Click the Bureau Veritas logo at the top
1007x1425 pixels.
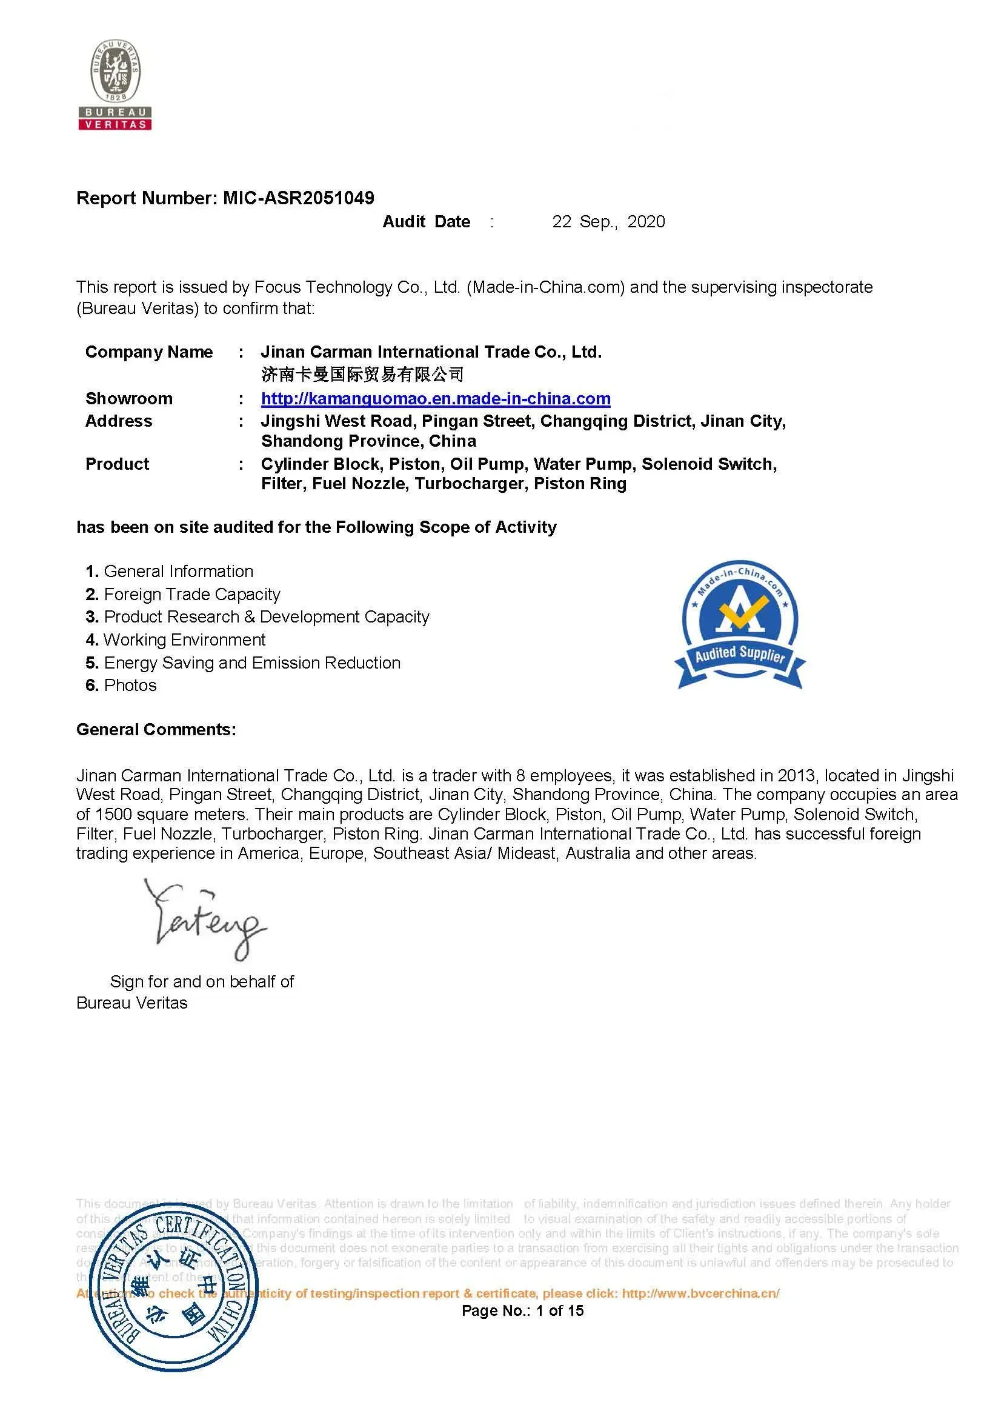point(115,84)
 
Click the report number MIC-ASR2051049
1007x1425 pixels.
point(299,198)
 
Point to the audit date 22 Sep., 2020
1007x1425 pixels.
point(608,222)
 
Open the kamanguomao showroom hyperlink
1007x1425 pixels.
point(436,398)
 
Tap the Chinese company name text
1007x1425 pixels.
point(362,374)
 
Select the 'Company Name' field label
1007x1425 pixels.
point(149,352)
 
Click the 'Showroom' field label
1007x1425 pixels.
point(129,398)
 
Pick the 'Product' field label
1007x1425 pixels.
point(118,464)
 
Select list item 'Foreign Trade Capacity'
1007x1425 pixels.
point(191,594)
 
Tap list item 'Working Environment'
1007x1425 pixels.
point(184,639)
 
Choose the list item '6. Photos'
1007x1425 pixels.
point(122,685)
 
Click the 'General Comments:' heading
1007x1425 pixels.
point(156,729)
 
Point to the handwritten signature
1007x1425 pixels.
point(205,918)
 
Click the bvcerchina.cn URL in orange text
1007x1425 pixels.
point(700,1293)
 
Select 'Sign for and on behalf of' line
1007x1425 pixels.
point(202,981)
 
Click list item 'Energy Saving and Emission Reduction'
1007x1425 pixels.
point(252,662)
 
